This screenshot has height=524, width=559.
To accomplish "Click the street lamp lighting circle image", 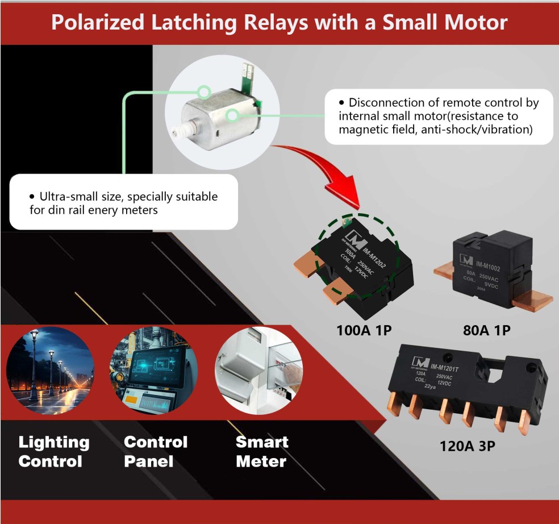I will tap(50, 370).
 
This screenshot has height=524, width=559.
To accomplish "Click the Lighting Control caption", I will tap(53, 451).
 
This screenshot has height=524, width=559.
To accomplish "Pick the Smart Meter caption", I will tap(262, 451).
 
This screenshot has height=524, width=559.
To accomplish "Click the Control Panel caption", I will tap(155, 451).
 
